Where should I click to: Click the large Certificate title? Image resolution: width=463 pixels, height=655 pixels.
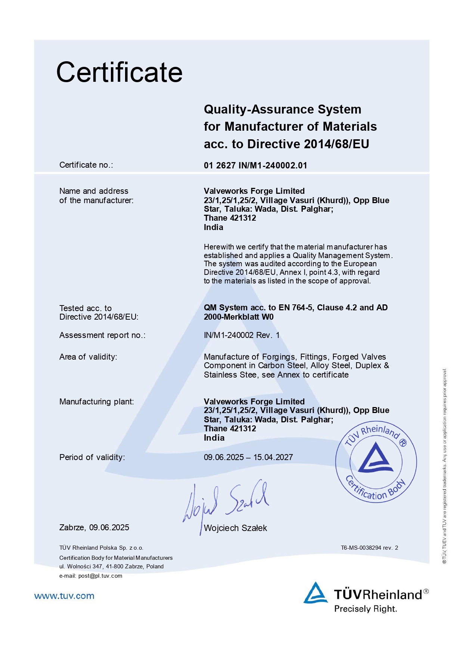(x=119, y=72)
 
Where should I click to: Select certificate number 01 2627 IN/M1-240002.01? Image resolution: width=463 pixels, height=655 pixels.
(x=255, y=165)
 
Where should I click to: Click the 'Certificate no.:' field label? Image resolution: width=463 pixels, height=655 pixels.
(x=86, y=165)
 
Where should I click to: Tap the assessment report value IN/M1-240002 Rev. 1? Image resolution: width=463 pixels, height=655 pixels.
(x=242, y=335)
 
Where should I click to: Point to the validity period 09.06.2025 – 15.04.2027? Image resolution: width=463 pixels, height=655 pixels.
(x=248, y=457)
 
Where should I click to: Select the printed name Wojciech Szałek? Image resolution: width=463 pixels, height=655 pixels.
(x=235, y=528)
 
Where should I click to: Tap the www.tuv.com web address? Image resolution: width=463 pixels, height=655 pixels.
(x=64, y=596)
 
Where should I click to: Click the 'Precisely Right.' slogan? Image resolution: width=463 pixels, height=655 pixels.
(x=366, y=609)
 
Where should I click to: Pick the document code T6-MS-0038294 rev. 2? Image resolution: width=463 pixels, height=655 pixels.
(x=369, y=548)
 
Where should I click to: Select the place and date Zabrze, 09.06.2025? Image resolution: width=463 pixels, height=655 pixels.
(x=94, y=527)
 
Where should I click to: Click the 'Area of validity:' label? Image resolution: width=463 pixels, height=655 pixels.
(x=88, y=357)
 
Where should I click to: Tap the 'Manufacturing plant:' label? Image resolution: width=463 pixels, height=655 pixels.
(x=96, y=402)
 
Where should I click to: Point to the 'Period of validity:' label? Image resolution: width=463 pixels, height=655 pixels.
(x=92, y=457)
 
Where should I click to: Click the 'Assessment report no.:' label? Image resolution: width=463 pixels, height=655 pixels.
(x=102, y=335)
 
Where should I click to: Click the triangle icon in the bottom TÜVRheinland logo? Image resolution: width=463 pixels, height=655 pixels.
(x=316, y=593)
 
